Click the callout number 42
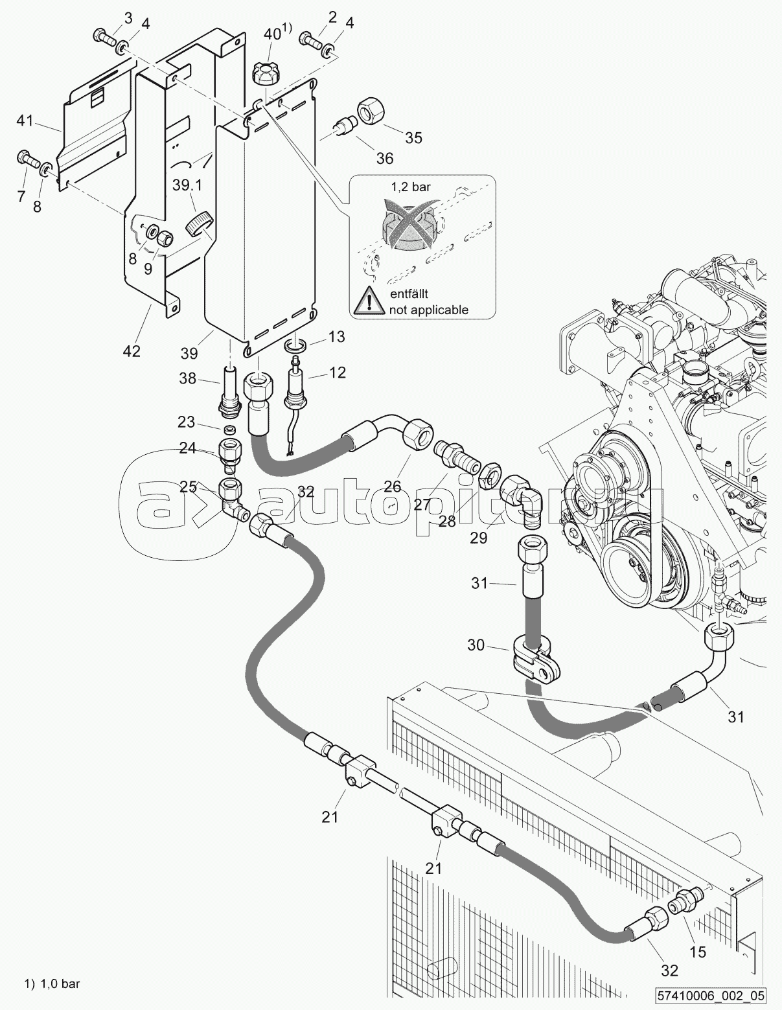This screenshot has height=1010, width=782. tap(132, 351)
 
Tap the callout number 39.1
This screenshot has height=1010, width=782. tap(187, 185)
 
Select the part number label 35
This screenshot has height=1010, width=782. tap(413, 137)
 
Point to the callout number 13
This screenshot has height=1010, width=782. tap(336, 336)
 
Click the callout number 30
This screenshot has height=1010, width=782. tap(476, 645)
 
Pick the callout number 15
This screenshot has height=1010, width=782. tap(697, 952)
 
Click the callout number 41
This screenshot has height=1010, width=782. tap(25, 121)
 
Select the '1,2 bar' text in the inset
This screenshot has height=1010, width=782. tap(410, 187)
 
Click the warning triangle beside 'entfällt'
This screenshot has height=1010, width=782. tap(369, 300)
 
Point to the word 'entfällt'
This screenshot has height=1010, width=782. tap(409, 293)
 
